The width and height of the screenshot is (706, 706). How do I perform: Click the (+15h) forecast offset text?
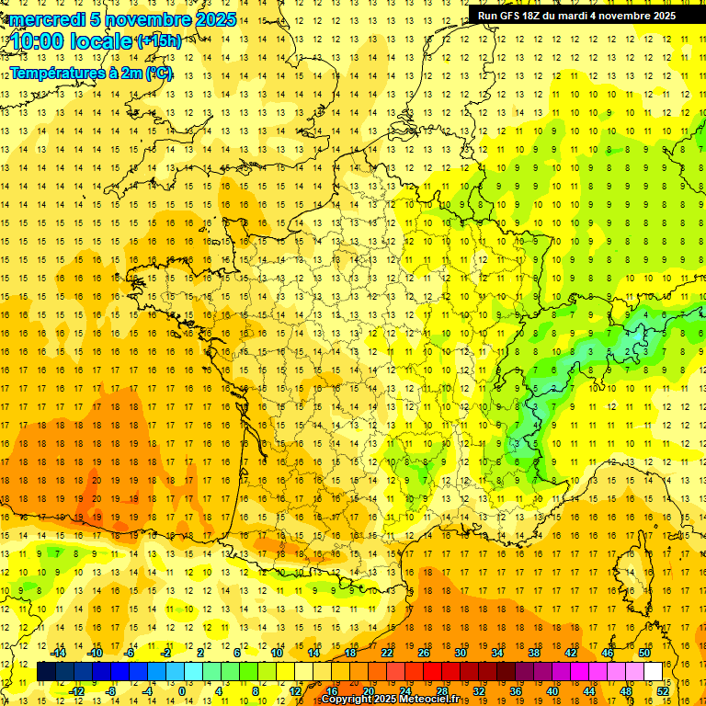click(x=159, y=41)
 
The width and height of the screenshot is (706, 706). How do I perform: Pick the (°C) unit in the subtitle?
click(x=159, y=73)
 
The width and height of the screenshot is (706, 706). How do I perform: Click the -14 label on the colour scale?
click(x=58, y=653)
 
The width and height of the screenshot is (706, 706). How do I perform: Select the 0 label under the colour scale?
click(x=182, y=691)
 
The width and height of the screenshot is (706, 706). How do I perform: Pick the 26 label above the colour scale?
click(x=424, y=653)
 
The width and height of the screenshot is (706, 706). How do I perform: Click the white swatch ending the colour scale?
click(x=653, y=672)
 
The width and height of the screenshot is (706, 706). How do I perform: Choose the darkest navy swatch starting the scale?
click(x=46, y=672)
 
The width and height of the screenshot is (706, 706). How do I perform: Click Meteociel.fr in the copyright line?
click(x=438, y=700)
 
